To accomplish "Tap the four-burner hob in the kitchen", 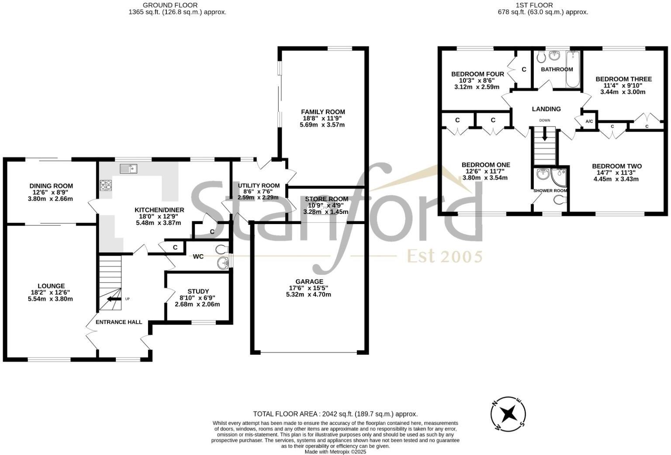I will pos(106,185).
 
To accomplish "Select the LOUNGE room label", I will pos(51,286).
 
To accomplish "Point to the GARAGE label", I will pos(309,282).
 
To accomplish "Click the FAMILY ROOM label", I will pos(323,112).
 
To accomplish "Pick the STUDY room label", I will pos(198,291).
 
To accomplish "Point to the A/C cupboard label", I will pos(589,121).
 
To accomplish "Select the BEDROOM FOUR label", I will pos(477,74).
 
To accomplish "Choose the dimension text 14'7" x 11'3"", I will pos(616,173).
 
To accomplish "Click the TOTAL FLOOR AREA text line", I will pos(335,414).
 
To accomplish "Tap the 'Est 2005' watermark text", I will pos(444,256).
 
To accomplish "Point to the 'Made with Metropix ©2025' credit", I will pos(335,451).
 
